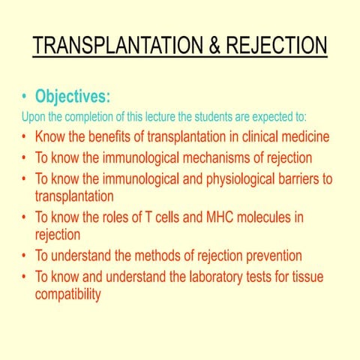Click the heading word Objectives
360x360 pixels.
coord(73,97)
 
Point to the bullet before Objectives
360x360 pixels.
coord(25,97)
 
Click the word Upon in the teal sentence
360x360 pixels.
coord(34,118)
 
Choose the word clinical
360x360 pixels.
coord(256,138)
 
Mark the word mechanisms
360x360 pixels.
coord(226,158)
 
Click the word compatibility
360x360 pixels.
coord(67,294)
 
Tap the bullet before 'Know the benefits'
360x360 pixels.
coord(25,139)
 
